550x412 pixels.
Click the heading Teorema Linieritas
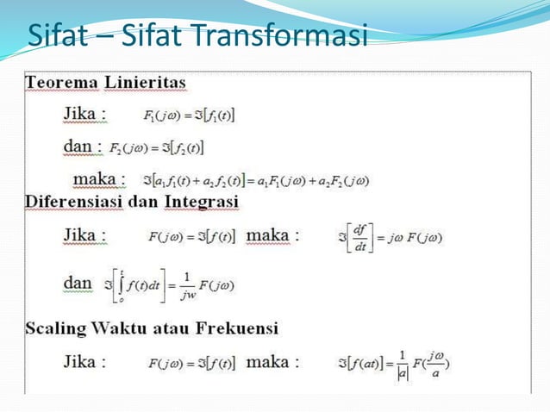point(105,83)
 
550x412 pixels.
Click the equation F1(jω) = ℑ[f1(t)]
point(190,114)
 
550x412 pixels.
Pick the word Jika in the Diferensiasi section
point(84,234)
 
